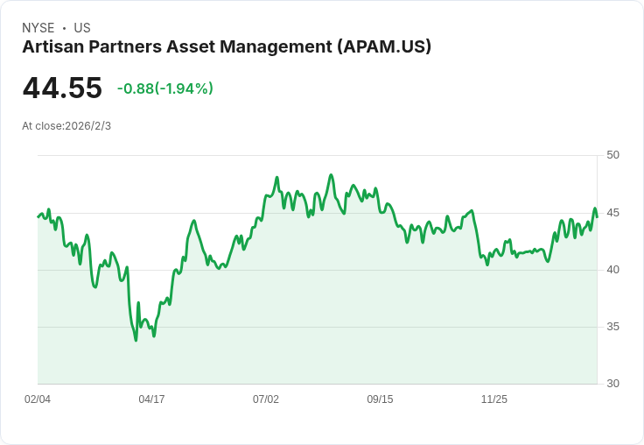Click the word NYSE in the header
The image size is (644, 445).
[x=38, y=28]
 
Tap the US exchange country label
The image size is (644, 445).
[x=82, y=28]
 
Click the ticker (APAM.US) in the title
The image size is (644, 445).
[x=384, y=46]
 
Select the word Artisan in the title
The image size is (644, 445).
[x=53, y=46]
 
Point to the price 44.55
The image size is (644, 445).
[x=62, y=88]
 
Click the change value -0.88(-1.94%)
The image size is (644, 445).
[x=165, y=88]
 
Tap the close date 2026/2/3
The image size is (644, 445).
[x=87, y=126]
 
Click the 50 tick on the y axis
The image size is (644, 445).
[x=612, y=155]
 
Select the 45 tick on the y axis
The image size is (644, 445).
[x=612, y=213]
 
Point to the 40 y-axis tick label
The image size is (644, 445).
[x=612, y=270]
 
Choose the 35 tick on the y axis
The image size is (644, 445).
[x=612, y=327]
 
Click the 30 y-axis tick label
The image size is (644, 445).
[x=612, y=384]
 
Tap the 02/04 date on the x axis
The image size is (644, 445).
[x=38, y=399]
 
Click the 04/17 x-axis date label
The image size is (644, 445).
[x=151, y=399]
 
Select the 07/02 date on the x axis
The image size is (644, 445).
[x=266, y=399]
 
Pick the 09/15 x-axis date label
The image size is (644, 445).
[x=380, y=399]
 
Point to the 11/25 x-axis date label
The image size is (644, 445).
[x=494, y=399]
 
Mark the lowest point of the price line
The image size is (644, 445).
[x=136, y=340]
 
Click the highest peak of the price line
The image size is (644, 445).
[x=331, y=175]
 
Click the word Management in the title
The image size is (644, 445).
[x=276, y=47]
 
